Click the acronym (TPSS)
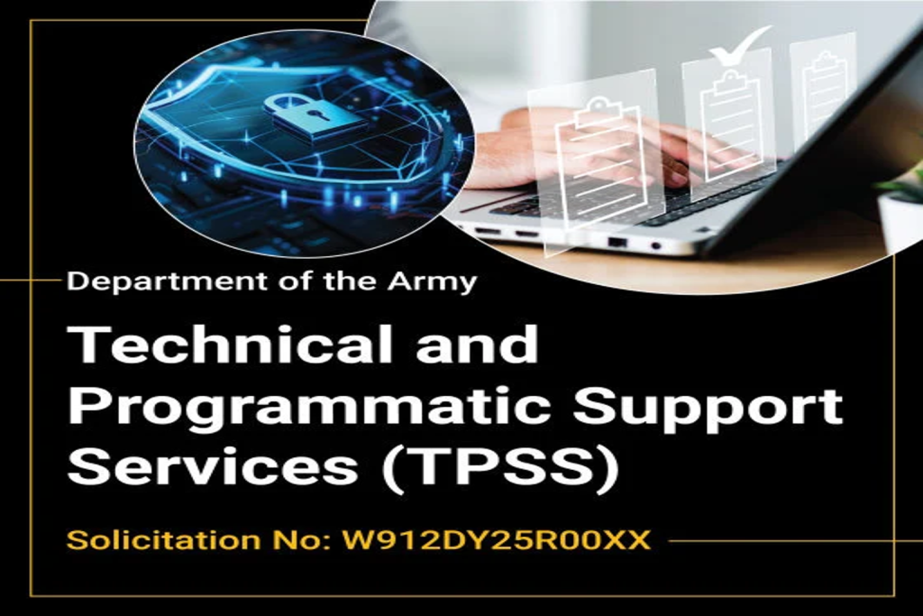tap(495, 469)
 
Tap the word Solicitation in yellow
tap(149, 541)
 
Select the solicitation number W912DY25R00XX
tap(496, 541)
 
